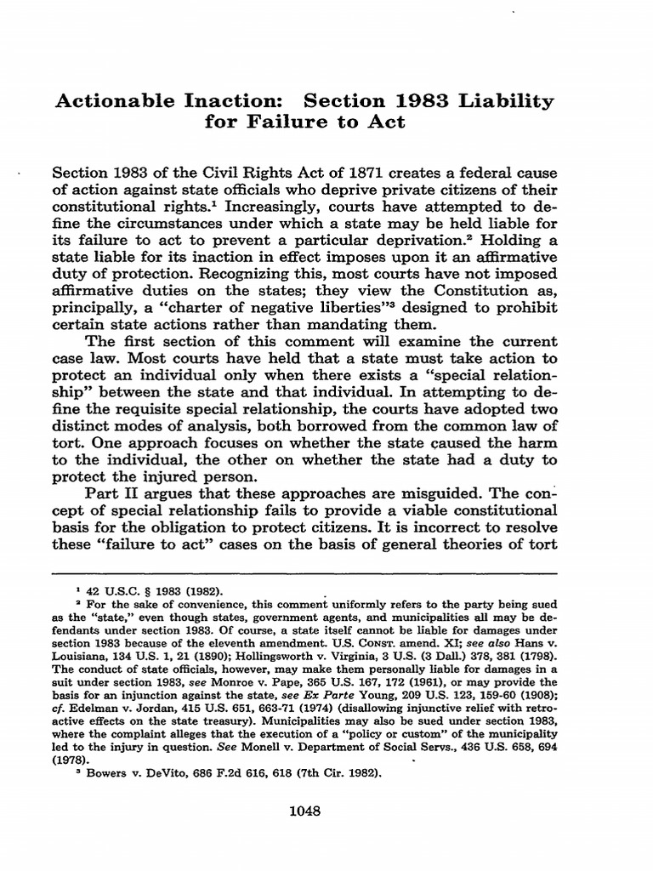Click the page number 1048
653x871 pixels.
click(304, 811)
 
